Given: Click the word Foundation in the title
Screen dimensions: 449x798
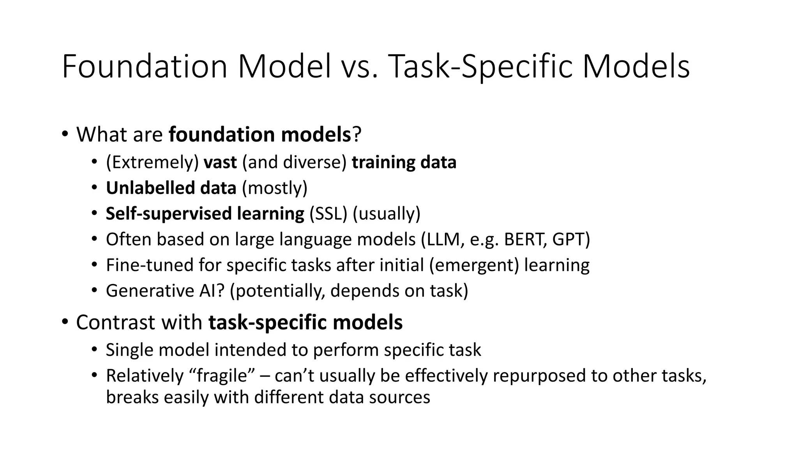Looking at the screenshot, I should (145, 67).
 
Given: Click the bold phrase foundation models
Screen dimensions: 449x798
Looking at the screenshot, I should (260, 134).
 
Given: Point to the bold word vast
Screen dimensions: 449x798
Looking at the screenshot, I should (220, 162).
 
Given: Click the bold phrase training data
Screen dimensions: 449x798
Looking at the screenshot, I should (404, 162).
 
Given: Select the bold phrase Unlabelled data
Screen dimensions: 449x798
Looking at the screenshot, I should (171, 188).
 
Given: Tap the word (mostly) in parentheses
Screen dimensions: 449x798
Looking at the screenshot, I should (275, 188).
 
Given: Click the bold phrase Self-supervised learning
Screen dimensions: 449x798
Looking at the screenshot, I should (205, 214).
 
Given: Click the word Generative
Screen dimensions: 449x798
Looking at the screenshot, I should (147, 291).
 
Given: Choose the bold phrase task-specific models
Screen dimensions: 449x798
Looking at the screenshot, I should (305, 322).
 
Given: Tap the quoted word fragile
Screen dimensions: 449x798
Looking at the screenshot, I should (223, 376).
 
